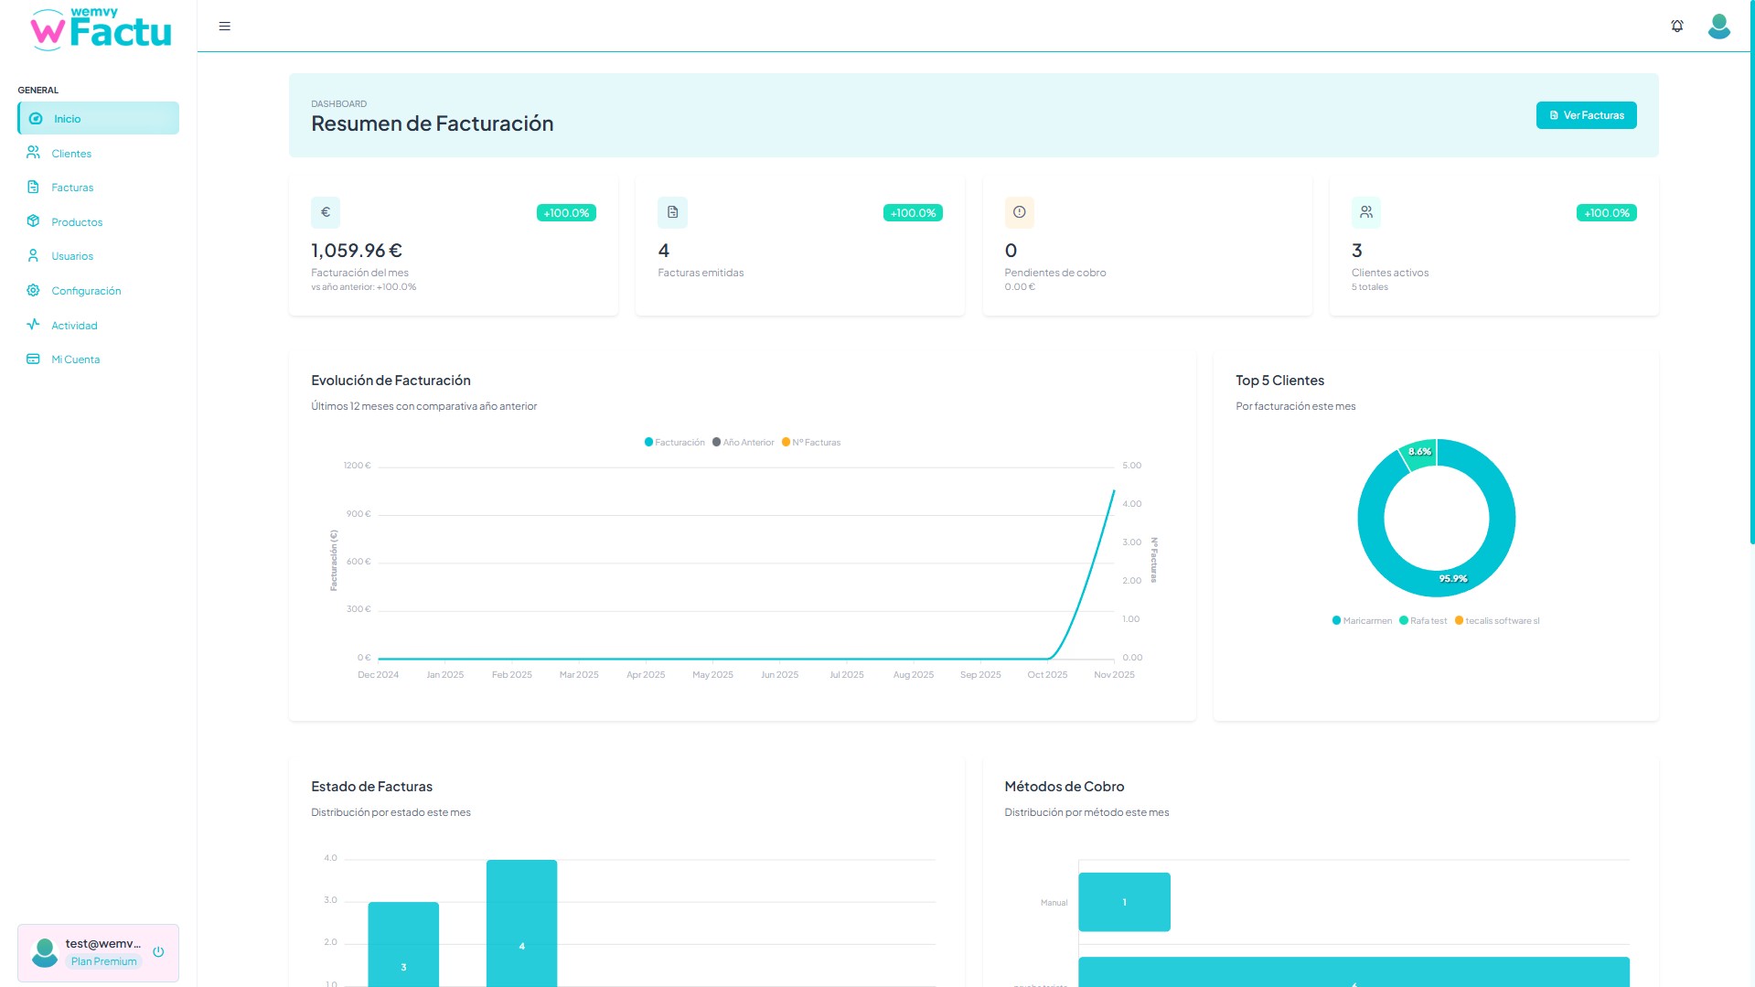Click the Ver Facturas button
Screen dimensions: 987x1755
pyautogui.click(x=1586, y=115)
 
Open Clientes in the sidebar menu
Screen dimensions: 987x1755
pyautogui.click(x=71, y=154)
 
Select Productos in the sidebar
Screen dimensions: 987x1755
pyautogui.click(x=77, y=222)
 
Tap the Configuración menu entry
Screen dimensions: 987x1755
pyautogui.click(x=86, y=291)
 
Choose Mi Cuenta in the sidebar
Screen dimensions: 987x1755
pyautogui.click(x=75, y=359)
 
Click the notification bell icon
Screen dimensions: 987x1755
pyautogui.click(x=1676, y=27)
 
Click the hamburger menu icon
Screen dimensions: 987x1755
pyautogui.click(x=224, y=27)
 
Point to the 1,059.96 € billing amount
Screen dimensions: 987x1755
pyautogui.click(x=357, y=251)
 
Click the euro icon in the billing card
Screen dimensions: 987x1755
pyautogui.click(x=326, y=212)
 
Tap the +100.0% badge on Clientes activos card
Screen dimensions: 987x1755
pyautogui.click(x=1606, y=213)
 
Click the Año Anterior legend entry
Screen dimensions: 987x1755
pyautogui.click(x=744, y=443)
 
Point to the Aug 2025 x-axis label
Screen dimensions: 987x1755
pyautogui.click(x=913, y=675)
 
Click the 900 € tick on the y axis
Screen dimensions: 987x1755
pyautogui.click(x=358, y=514)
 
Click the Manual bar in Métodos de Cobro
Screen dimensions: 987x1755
pyautogui.click(x=1124, y=902)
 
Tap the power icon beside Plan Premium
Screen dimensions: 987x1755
pyautogui.click(x=158, y=952)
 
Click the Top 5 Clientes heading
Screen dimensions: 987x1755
pyautogui.click(x=1279, y=381)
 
